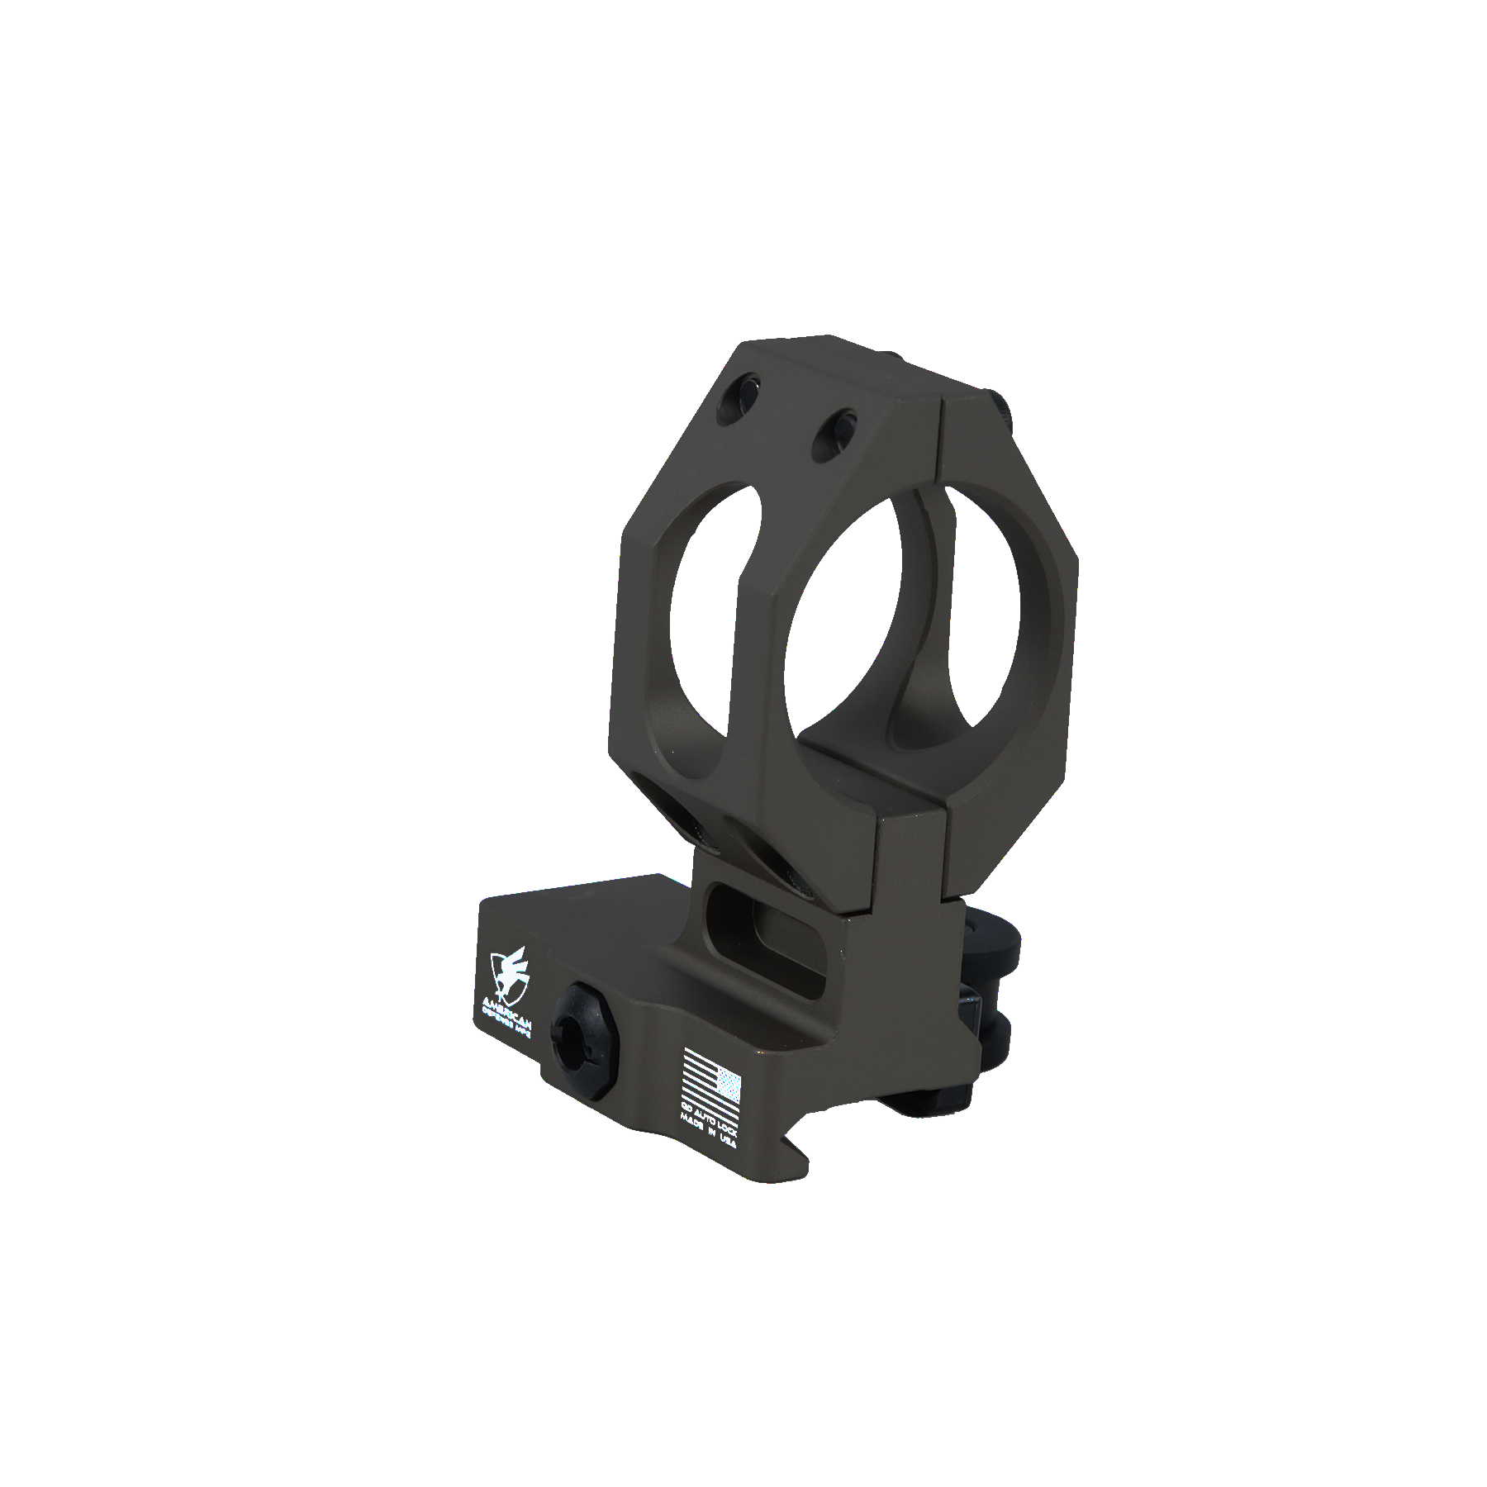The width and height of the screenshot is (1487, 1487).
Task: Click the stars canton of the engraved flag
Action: tap(729, 1082)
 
